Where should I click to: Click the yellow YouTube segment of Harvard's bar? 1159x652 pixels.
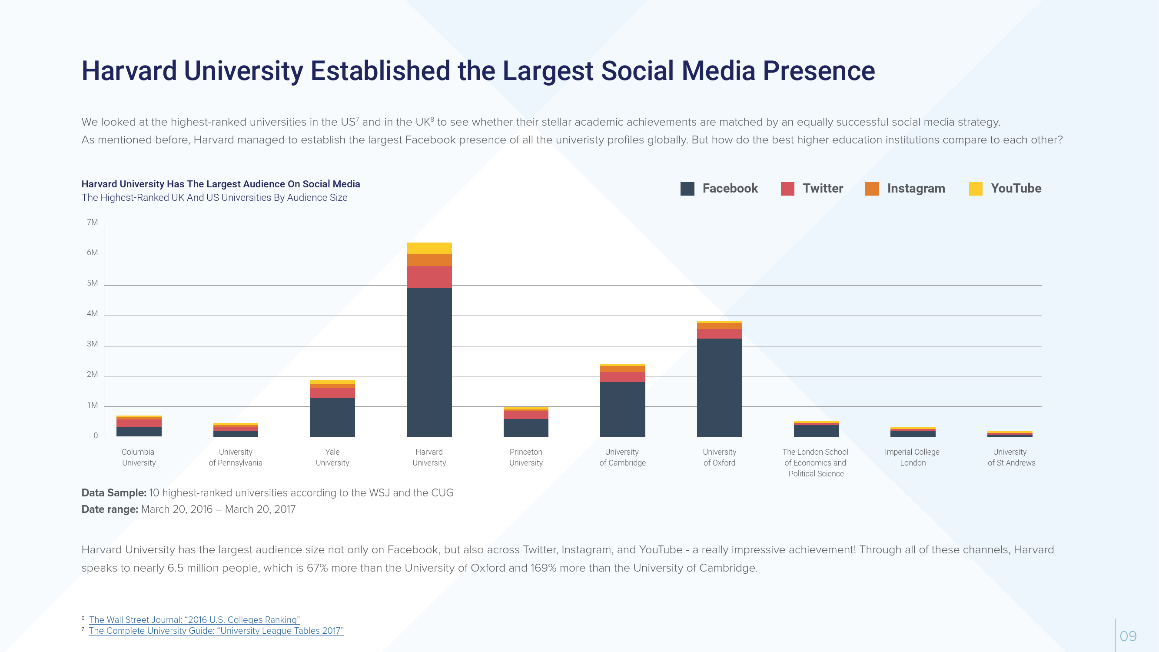(429, 248)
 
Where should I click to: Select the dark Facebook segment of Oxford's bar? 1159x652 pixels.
(719, 387)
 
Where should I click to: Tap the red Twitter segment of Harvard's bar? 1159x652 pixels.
(429, 277)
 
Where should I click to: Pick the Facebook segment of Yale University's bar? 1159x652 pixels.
(332, 417)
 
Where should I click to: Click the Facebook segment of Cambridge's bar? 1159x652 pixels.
(622, 409)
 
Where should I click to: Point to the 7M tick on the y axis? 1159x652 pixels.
(92, 222)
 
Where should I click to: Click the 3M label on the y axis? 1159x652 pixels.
(92, 344)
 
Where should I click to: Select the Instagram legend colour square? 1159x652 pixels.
(872, 189)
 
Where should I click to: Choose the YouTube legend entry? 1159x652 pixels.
(1016, 189)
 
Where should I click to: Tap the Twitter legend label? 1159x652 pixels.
(823, 189)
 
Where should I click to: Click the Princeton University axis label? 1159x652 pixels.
(525, 457)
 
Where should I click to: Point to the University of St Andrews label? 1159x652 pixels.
(1011, 457)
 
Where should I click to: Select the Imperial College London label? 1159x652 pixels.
(912, 457)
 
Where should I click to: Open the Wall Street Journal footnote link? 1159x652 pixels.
(194, 619)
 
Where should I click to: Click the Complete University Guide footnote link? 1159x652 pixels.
(216, 630)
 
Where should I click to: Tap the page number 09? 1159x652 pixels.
(1128, 636)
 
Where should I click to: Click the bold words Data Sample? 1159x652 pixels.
(114, 493)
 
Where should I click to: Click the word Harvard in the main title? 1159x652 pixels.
(129, 71)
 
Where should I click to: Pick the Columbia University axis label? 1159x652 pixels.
(139, 457)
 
